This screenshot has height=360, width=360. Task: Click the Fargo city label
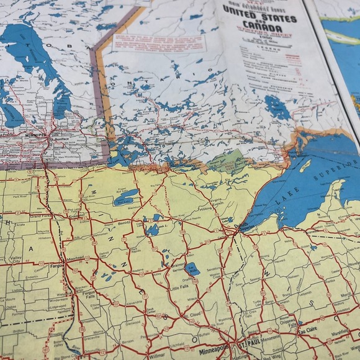[x=55, y=266]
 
